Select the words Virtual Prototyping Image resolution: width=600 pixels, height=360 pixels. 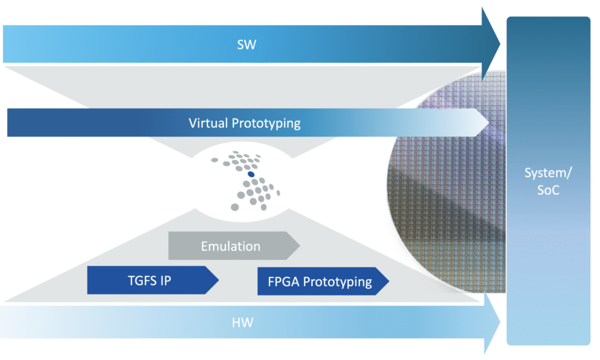(x=244, y=124)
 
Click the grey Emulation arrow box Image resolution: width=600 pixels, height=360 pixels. (x=231, y=246)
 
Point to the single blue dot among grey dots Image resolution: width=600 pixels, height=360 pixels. (x=250, y=174)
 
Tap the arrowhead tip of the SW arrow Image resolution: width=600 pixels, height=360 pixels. (x=499, y=44)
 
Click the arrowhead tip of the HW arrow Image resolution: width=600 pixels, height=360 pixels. (x=499, y=321)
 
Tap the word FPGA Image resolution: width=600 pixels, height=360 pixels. (x=282, y=281)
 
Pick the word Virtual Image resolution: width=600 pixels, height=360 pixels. (x=209, y=124)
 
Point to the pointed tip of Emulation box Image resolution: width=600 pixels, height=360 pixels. (x=299, y=246)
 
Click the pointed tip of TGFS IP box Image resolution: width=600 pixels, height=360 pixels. (x=219, y=280)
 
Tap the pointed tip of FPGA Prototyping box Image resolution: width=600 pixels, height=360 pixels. (x=389, y=281)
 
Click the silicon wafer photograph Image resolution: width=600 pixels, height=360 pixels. (x=445, y=176)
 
